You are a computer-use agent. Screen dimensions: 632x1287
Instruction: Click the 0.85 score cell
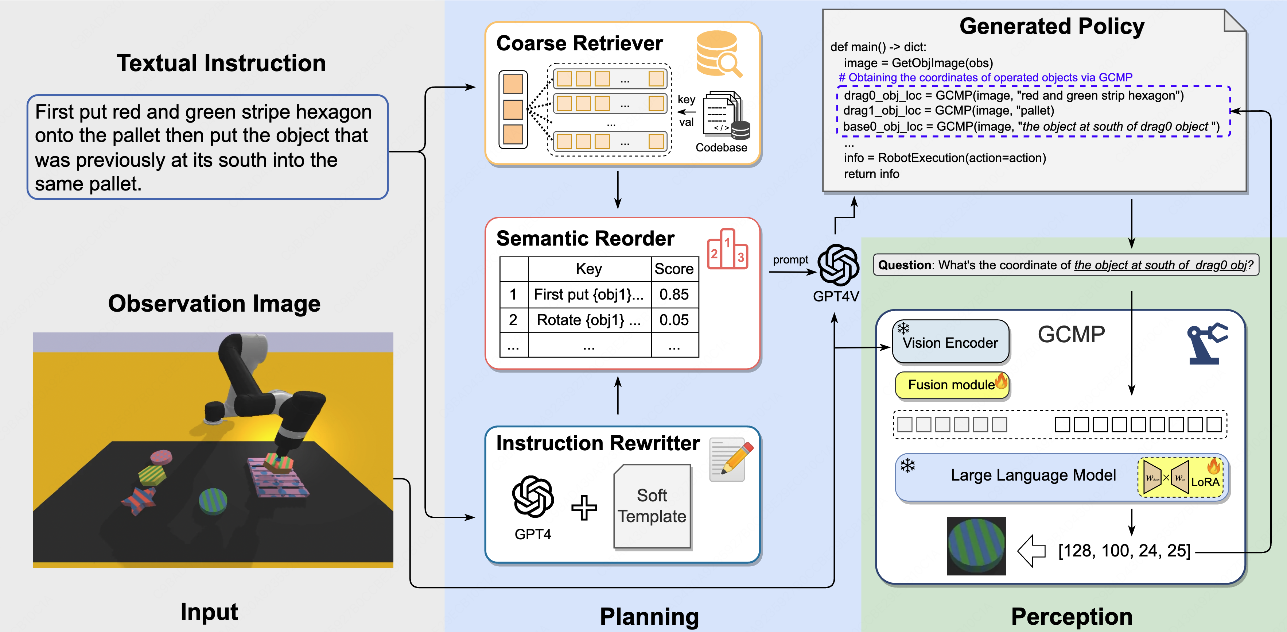click(x=674, y=294)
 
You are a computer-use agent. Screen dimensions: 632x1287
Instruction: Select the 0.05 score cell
click(x=674, y=320)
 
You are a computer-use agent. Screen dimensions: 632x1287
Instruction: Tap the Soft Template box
click(x=652, y=506)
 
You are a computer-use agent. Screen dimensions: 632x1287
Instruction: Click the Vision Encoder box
click(x=950, y=343)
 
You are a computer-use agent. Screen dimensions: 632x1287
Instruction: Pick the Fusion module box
click(x=952, y=385)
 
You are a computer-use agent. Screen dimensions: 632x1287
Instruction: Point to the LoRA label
click(x=1205, y=482)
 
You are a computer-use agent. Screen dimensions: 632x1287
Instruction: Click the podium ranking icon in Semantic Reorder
click(x=727, y=250)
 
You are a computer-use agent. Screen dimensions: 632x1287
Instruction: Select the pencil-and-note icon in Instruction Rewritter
click(x=730, y=460)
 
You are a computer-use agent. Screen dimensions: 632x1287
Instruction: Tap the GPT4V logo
click(x=838, y=265)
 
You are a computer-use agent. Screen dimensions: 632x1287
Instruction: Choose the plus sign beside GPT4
click(x=584, y=508)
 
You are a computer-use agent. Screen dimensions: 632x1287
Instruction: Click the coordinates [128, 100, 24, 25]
click(x=1124, y=551)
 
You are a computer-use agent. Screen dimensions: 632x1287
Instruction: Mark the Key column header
click(x=588, y=269)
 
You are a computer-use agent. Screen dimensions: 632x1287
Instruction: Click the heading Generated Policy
click(x=1052, y=27)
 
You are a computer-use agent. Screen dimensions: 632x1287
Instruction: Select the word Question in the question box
click(x=904, y=266)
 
